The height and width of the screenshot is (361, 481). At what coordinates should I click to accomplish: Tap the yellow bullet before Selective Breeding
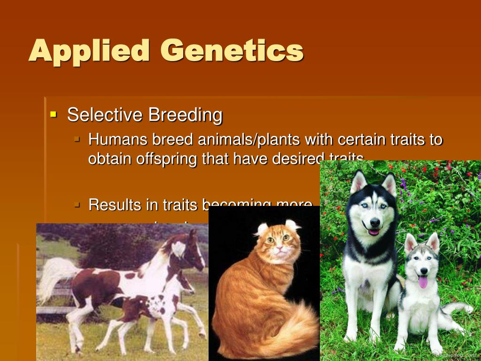click(x=53, y=114)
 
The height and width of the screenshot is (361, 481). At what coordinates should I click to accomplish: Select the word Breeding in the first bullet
click(x=185, y=115)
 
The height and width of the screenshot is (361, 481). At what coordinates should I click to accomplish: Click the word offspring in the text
click(x=166, y=158)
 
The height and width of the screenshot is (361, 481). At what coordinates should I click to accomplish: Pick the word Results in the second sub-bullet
click(x=115, y=205)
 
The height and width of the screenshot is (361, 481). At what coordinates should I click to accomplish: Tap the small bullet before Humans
click(x=78, y=140)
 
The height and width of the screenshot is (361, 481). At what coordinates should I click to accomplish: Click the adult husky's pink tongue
click(x=373, y=232)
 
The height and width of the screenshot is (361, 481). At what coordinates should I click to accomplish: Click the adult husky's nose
click(x=374, y=222)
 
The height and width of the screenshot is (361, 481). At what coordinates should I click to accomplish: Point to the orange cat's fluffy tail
click(x=291, y=324)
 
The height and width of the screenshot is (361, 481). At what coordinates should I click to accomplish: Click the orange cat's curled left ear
click(x=262, y=229)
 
